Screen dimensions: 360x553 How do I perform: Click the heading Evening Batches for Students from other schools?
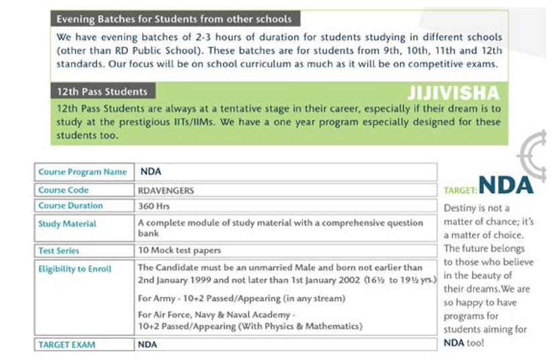(x=174, y=19)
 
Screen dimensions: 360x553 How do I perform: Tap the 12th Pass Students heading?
(x=103, y=91)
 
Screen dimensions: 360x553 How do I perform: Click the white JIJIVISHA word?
(x=454, y=93)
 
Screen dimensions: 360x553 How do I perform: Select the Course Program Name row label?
(x=82, y=172)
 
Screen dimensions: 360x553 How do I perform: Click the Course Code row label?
(x=64, y=190)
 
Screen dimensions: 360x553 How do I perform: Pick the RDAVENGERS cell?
(x=166, y=190)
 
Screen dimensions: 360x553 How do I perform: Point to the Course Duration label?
(x=70, y=206)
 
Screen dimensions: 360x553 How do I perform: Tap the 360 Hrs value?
(x=154, y=206)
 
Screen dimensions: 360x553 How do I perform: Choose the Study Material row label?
(x=67, y=224)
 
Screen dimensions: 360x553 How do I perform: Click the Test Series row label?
(x=59, y=251)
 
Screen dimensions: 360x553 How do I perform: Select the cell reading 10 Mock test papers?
(x=179, y=251)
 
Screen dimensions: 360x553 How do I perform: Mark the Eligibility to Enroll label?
(x=75, y=269)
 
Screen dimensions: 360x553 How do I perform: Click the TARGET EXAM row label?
(x=67, y=345)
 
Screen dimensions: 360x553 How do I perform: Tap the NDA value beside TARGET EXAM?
(x=147, y=345)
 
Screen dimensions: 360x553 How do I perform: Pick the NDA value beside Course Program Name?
(x=151, y=172)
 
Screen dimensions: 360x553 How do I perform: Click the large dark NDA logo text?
(x=506, y=184)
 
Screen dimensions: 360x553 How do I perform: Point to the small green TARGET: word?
(x=460, y=191)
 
